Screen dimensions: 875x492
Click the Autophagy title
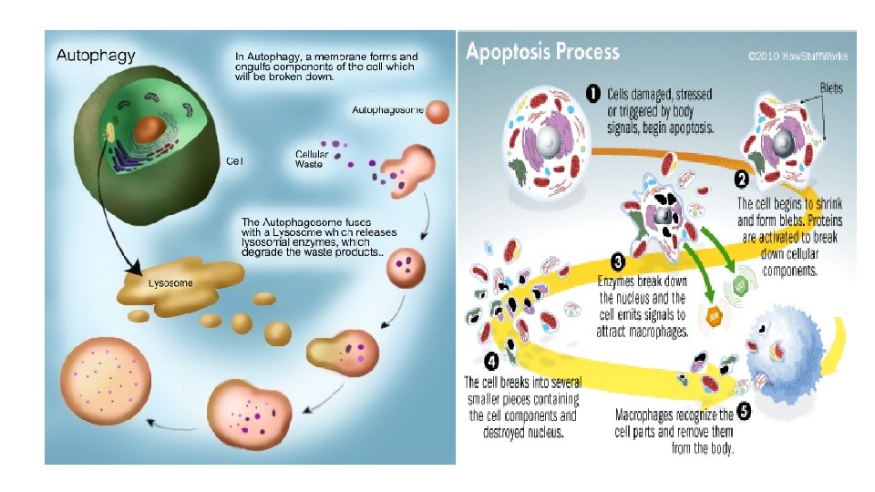point(96,56)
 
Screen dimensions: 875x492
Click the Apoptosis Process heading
point(542,51)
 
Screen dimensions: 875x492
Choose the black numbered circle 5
point(744,412)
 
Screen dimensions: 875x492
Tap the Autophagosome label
point(387,111)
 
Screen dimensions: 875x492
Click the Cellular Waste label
point(312,159)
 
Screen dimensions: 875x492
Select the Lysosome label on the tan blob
point(171,283)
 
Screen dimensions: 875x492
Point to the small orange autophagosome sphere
point(437,112)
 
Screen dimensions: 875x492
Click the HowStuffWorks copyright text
point(798,56)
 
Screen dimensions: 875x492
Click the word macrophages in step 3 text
point(655,333)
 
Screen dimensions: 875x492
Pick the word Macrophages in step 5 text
point(650,415)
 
